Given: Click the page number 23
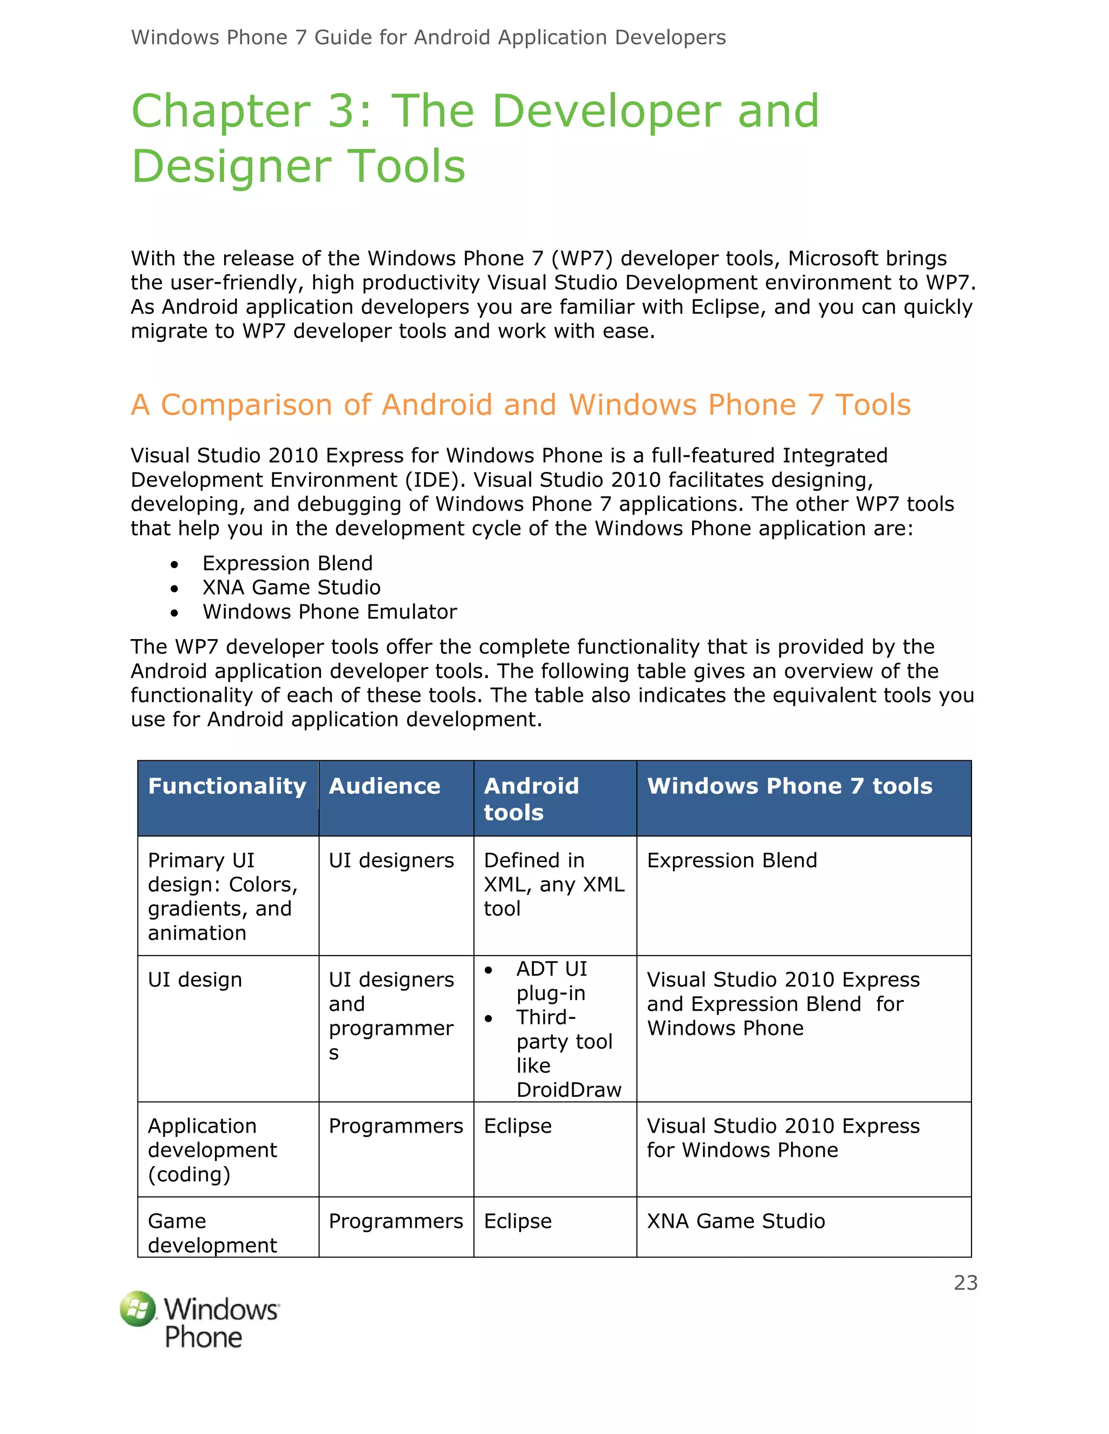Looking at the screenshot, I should (965, 1282).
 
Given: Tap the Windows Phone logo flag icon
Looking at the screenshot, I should (138, 1309).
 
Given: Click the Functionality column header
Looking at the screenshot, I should (227, 786).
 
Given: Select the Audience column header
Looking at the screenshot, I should (384, 786).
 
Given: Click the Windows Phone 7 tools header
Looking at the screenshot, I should (789, 786).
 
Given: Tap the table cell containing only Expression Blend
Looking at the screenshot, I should (732, 860).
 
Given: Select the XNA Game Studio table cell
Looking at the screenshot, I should (736, 1221).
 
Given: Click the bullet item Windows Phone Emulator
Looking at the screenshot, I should (329, 611).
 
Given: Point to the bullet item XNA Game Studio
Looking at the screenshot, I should (291, 587).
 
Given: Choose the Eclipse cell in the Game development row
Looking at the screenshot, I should (518, 1221).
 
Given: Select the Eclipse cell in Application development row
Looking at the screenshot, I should (518, 1126).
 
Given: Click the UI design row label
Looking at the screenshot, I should (194, 979).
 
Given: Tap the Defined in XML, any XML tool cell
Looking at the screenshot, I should (553, 884).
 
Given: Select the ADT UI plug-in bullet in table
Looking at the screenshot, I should (551, 981).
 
